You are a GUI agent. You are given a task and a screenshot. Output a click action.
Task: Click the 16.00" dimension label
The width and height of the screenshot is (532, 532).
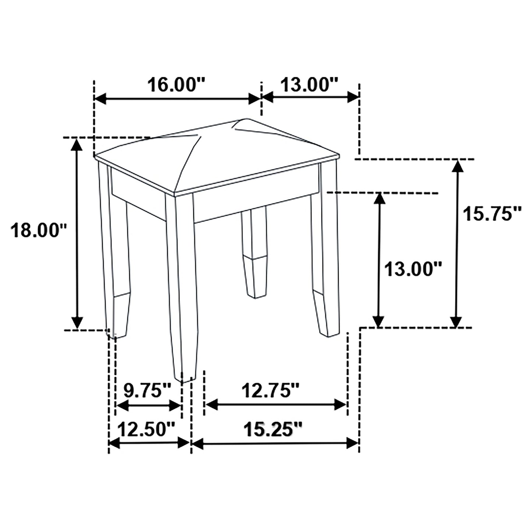tap(176, 85)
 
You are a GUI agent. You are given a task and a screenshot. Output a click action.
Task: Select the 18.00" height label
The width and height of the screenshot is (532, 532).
tap(38, 231)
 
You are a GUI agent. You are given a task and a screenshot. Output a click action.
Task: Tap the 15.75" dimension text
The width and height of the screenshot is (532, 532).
tap(492, 214)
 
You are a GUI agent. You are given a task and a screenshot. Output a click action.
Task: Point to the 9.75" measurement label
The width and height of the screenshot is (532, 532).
tap(147, 390)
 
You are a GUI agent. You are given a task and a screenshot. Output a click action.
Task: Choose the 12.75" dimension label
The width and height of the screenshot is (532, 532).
tap(271, 390)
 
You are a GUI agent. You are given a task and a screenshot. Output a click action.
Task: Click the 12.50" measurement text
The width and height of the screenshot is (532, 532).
tap(146, 429)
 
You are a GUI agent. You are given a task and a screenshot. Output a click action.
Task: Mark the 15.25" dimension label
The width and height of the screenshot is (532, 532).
tap(273, 429)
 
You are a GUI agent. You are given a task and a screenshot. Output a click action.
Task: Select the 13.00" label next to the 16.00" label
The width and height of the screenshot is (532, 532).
tap(310, 85)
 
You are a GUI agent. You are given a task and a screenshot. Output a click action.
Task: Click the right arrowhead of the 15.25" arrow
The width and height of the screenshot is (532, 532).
tap(352, 443)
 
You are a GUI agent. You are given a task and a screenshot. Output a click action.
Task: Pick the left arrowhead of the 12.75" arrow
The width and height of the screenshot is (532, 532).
tap(211, 405)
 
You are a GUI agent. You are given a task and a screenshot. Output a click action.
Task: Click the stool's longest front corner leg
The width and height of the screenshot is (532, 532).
tap(182, 287)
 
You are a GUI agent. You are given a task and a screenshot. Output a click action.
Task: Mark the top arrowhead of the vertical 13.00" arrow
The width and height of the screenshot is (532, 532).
tap(379, 199)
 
